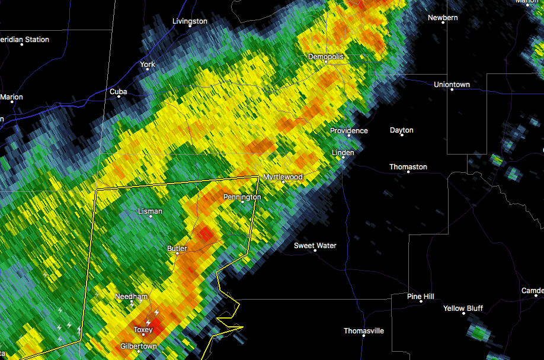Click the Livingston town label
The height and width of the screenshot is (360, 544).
[190, 21]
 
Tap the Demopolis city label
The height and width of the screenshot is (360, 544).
[325, 57]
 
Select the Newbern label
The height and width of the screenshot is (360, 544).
[443, 18]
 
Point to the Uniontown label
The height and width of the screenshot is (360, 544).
[452, 85]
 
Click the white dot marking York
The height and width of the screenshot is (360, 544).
[148, 72]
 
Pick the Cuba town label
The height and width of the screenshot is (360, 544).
[118, 92]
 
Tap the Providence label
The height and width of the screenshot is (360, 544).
[349, 131]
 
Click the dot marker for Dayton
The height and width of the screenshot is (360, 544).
[402, 136]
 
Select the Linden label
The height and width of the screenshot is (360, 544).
[343, 153]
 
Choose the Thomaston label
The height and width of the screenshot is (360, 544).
[408, 167]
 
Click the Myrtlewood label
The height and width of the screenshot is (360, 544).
[283, 177]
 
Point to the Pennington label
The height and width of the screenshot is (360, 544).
[242, 197]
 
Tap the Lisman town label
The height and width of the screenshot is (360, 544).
[150, 211]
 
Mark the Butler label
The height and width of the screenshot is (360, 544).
[177, 249]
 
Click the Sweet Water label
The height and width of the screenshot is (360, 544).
[315, 246]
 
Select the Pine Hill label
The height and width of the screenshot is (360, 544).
[421, 296]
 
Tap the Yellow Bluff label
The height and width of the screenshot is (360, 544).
[463, 308]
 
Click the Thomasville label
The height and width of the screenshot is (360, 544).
[364, 331]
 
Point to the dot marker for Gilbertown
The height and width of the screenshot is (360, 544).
[139, 352]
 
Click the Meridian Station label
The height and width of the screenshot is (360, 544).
[25, 40]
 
